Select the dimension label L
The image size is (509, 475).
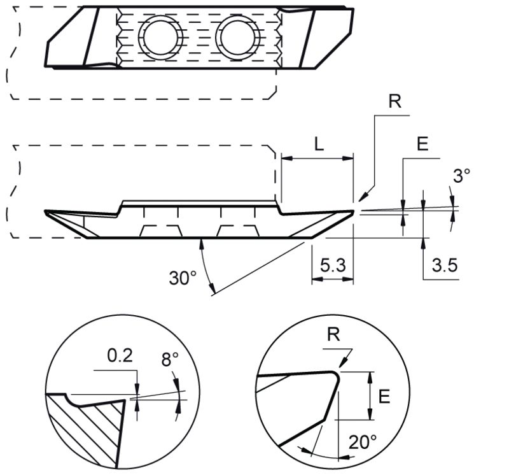click(319, 144)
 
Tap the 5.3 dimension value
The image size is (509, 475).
click(333, 265)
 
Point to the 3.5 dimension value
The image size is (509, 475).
click(444, 265)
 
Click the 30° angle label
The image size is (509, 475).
click(183, 278)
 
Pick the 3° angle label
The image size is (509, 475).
click(461, 176)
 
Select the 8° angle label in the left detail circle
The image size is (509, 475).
click(170, 359)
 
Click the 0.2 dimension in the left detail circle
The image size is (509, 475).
click(120, 355)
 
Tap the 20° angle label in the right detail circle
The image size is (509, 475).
click(363, 442)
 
